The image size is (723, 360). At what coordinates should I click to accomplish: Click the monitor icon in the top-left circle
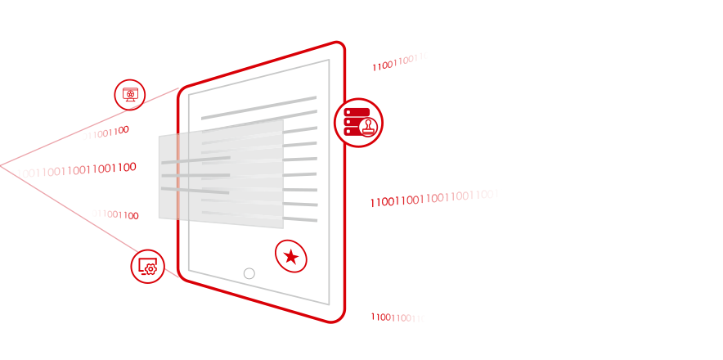click(x=129, y=93)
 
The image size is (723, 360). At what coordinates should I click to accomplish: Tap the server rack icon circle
click(x=358, y=123)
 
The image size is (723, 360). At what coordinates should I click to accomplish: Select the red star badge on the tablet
click(x=291, y=257)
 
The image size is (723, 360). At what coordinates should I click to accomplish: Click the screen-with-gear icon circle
click(x=148, y=266)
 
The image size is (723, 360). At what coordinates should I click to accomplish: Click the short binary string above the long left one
click(x=106, y=133)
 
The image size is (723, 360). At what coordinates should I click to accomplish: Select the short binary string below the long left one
click(x=115, y=215)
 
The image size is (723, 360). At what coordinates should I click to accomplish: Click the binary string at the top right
click(x=400, y=61)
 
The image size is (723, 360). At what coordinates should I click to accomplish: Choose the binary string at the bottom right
click(x=398, y=317)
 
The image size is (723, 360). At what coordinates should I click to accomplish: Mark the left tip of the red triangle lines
click(x=2, y=166)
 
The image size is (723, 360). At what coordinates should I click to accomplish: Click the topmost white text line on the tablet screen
click(x=258, y=107)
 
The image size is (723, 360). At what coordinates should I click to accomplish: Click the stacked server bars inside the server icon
click(x=353, y=122)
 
